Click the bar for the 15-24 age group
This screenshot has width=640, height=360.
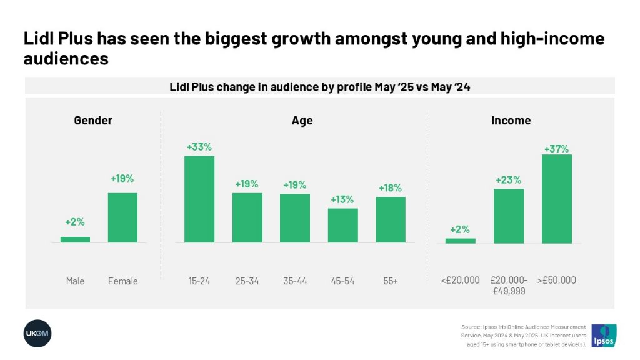point(199,199)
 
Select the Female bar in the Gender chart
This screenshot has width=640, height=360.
point(122,217)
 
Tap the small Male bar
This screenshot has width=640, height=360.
point(75,239)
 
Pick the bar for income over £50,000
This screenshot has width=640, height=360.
point(556,199)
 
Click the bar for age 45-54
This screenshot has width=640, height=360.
point(342,225)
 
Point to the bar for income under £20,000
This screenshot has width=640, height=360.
point(460,241)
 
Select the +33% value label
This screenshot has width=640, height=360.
point(199,147)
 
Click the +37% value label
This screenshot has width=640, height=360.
point(556,149)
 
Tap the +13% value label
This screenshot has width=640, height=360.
point(342,199)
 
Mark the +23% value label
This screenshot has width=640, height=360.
point(509,180)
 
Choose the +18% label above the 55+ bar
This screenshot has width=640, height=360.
point(390,188)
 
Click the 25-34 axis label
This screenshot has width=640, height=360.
point(247,281)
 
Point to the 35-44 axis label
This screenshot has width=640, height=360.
point(295,281)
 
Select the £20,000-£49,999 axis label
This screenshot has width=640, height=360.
point(509,286)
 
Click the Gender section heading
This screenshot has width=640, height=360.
point(93,121)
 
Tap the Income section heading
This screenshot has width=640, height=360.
point(511,121)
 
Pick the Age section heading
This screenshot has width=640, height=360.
point(302,121)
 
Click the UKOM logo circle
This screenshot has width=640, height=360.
point(37,333)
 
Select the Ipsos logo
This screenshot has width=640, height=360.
point(604,336)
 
